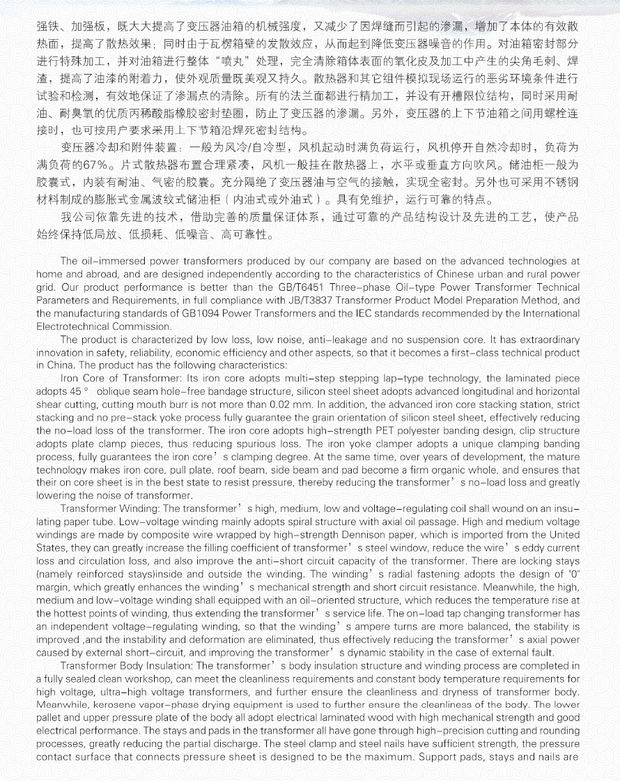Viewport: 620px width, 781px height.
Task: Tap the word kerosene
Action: [x=109, y=704]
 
